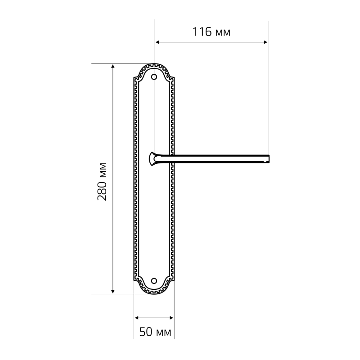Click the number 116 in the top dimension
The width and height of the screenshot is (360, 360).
(x=202, y=32)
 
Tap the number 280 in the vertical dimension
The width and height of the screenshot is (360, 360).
(x=102, y=191)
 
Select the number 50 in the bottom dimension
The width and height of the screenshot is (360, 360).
(x=146, y=332)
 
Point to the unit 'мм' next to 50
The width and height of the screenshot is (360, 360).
(x=163, y=333)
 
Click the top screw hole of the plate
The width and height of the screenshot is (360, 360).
(x=154, y=76)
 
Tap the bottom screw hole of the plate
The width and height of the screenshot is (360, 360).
(x=154, y=280)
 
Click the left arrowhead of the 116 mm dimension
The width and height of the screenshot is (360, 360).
(x=157, y=42)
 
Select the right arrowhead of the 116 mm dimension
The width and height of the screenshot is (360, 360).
(x=265, y=42)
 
